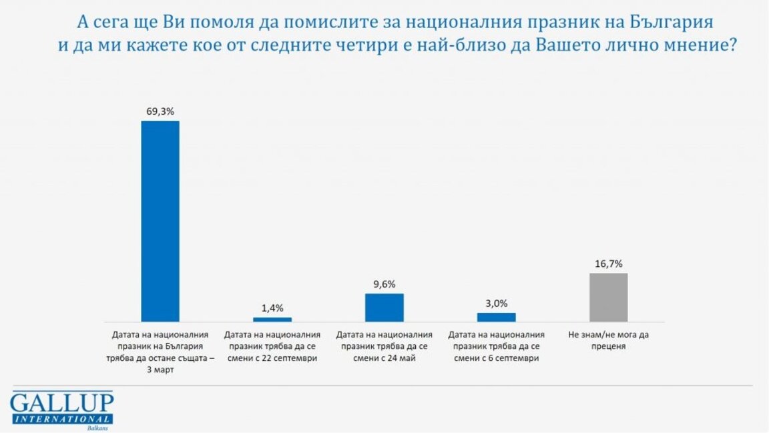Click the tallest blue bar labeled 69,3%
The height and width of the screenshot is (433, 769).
point(160,221)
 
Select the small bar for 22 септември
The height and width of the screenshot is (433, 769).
point(272,320)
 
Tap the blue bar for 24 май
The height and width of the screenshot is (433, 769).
point(384,308)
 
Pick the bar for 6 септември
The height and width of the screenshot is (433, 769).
point(496,317)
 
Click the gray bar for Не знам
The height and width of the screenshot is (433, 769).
point(609,298)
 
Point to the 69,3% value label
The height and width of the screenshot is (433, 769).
point(160,111)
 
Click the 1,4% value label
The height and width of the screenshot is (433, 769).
point(272,308)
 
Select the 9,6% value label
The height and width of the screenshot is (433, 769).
point(384,284)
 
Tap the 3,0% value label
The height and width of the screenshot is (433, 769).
point(496,303)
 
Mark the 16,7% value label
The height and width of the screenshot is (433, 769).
point(609,264)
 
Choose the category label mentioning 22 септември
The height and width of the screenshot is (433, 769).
point(272,346)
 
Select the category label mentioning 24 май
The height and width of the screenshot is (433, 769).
point(384,346)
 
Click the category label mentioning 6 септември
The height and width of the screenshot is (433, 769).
point(496,346)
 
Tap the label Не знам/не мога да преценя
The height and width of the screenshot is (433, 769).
point(609,340)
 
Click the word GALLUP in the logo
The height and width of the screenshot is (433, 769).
point(61,404)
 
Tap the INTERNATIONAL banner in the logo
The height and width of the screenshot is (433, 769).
point(61,418)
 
